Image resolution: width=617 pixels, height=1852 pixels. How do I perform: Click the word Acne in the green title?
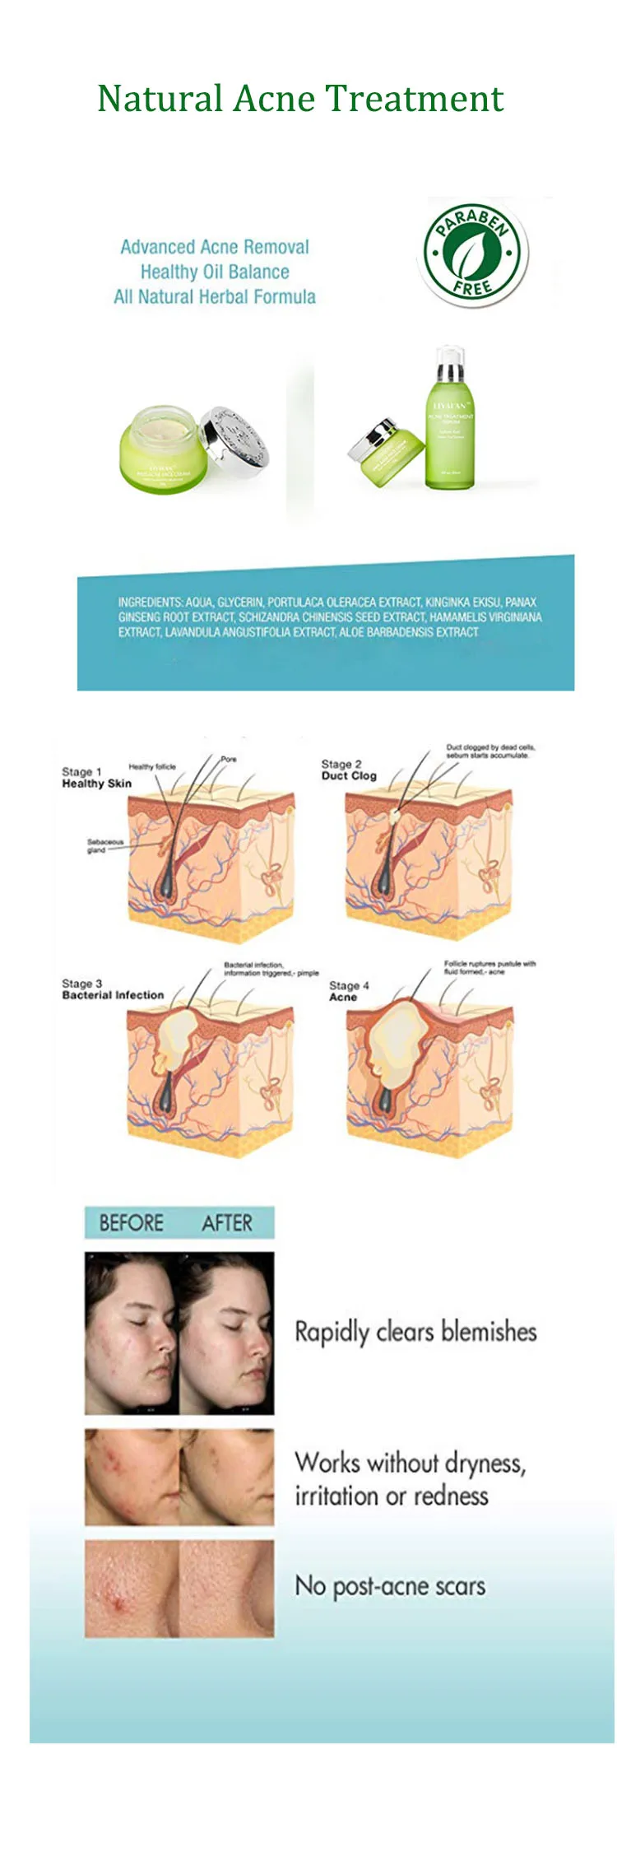268,99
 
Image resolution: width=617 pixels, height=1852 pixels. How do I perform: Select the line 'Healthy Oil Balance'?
215,272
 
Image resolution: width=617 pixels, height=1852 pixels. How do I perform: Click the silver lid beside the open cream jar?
234,440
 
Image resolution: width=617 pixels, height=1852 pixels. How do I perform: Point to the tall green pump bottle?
449,420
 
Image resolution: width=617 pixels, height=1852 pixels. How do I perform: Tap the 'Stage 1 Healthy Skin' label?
95,778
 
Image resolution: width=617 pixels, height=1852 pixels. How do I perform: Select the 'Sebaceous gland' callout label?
104,845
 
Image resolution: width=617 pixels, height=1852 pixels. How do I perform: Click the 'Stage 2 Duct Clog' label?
348,770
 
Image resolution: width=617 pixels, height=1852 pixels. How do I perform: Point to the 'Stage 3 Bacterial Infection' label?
112,989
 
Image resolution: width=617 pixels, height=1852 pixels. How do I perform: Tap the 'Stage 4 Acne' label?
348,991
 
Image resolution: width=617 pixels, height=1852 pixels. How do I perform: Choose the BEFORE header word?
131,1223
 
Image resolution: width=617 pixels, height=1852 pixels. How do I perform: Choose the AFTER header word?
227,1223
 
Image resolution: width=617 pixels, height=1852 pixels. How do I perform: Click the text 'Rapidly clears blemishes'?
415,1332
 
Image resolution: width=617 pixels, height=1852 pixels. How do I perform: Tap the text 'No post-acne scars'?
390,1586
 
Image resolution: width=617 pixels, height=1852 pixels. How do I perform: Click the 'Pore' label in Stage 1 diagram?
228,759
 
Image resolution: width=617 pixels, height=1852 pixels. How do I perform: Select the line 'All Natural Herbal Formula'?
215,297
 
